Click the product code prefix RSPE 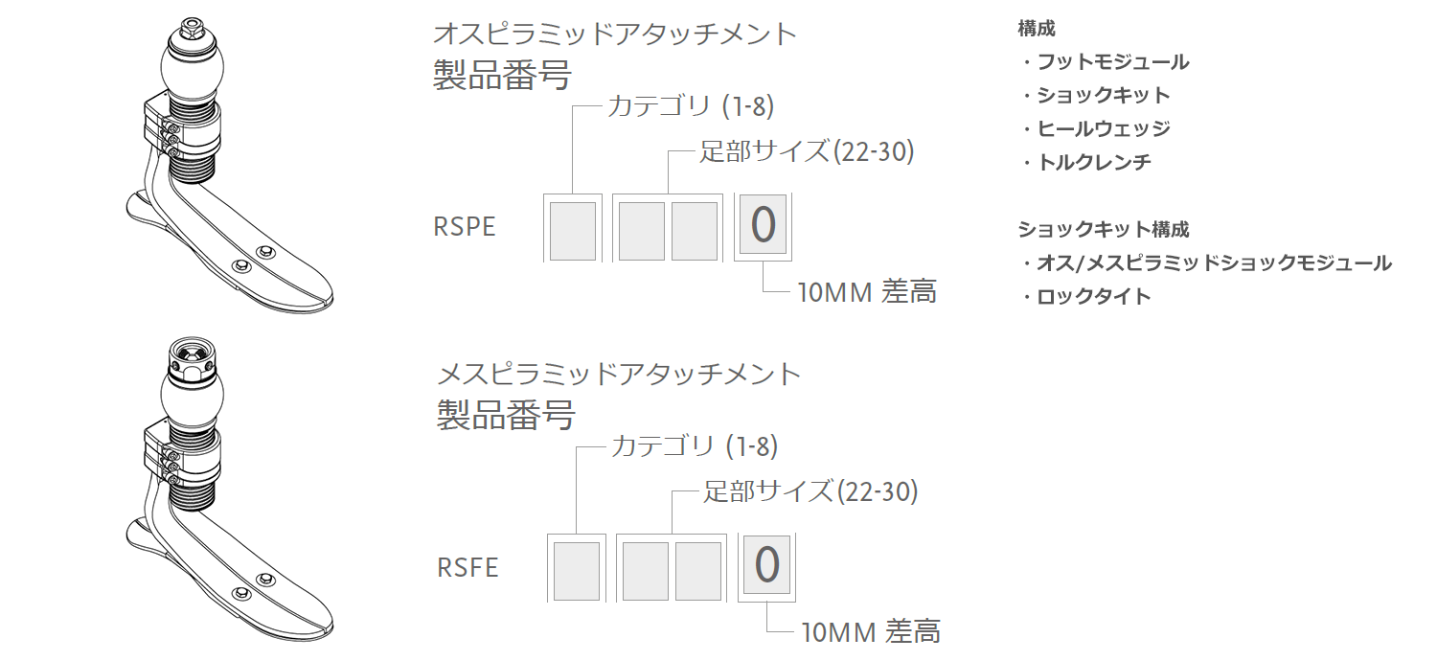click(465, 226)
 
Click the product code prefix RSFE click(468, 567)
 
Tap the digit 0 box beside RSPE click(763, 225)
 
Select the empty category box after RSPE click(573, 231)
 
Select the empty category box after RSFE click(577, 571)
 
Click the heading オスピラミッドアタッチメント click(615, 34)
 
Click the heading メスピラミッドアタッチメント click(619, 375)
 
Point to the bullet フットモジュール click(1112, 62)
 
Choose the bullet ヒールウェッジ click(1104, 129)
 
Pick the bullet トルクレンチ click(1094, 162)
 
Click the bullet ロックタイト click(1094, 296)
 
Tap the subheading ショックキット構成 click(1104, 229)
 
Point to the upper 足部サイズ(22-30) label click(807, 152)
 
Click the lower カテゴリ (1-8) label click(695, 446)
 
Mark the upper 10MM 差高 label click(867, 292)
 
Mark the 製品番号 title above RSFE click(506, 415)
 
